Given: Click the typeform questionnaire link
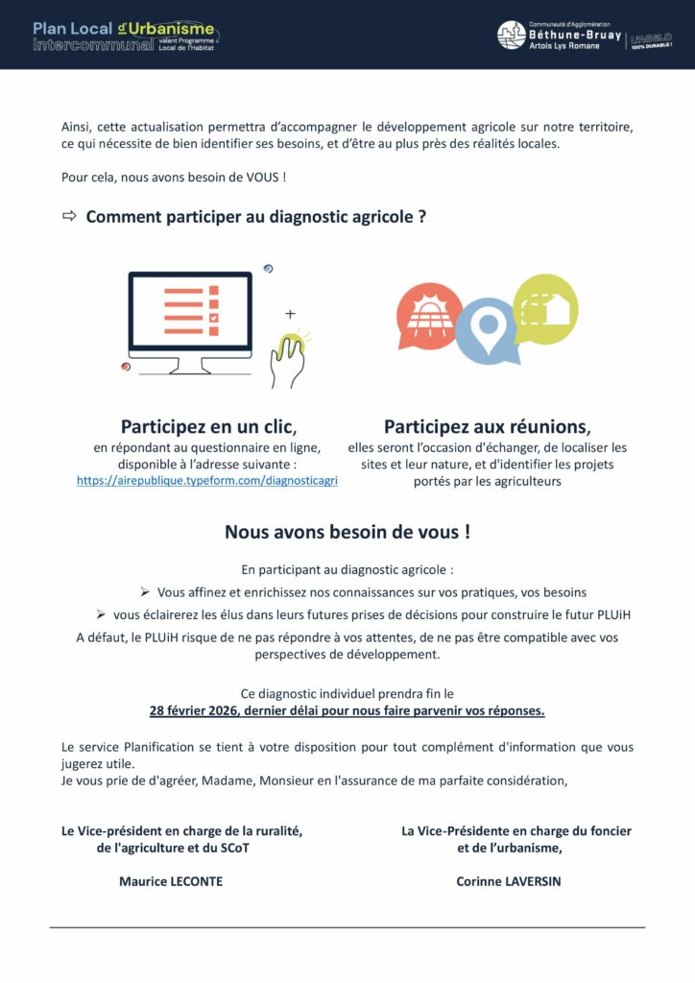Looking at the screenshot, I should (x=206, y=480).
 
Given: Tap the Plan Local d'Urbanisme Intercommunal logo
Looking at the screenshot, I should (x=126, y=36).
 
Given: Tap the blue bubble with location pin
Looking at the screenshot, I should (x=488, y=330).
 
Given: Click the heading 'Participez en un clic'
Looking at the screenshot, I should (x=207, y=426).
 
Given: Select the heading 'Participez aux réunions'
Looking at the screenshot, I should (x=488, y=426).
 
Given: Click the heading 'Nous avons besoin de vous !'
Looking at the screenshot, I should (x=347, y=531).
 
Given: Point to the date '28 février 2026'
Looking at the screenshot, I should (x=193, y=711).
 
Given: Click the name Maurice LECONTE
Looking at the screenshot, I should (x=170, y=881).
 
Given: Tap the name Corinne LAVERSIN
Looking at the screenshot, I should (x=509, y=881).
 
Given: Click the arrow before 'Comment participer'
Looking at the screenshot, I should (x=69, y=216).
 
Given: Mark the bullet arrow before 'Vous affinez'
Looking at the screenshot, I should (x=144, y=592).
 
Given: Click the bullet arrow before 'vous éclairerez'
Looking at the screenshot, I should (x=100, y=614).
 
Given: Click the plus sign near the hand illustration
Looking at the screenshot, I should (x=290, y=314).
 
